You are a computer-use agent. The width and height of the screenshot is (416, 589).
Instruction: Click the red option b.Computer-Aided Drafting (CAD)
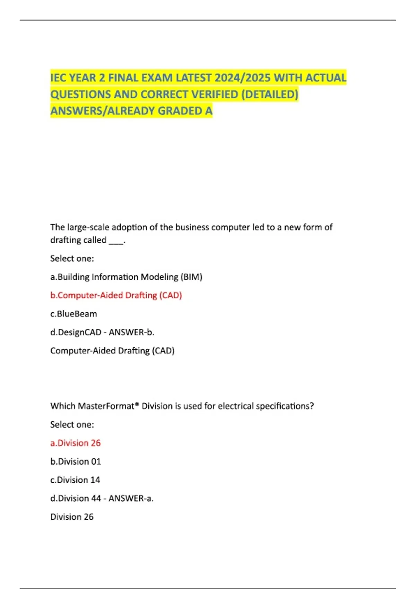tap(116, 295)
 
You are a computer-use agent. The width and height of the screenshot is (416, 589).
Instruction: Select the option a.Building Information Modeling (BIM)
tap(126, 277)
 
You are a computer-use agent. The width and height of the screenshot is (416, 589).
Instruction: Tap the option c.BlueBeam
tap(73, 314)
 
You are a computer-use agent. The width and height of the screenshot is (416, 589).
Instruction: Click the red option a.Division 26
tap(76, 443)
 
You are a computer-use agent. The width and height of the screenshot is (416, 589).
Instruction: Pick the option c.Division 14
tap(75, 480)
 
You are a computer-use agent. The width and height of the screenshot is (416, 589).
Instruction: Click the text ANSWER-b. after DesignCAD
tap(131, 332)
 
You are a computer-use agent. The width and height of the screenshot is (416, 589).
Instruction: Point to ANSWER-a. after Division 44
tap(131, 498)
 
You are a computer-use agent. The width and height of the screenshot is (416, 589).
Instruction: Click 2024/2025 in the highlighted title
tap(243, 78)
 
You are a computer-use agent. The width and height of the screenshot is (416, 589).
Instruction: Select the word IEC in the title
tap(59, 78)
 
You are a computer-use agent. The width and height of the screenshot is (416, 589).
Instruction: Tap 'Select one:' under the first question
tap(72, 258)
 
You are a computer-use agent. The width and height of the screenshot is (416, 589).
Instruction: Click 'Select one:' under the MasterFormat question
tap(72, 424)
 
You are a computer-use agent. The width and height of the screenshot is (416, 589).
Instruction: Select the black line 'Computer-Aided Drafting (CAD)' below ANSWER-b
tap(112, 351)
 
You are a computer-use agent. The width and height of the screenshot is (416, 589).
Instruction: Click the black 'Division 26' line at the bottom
tap(72, 517)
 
